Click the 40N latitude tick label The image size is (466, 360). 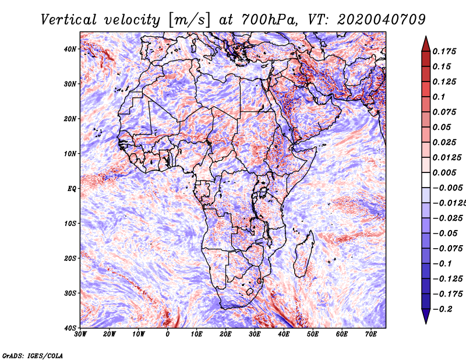point(70,49)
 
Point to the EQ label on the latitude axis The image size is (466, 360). point(72,189)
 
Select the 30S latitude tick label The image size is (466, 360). point(70,293)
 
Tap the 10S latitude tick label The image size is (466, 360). point(70,223)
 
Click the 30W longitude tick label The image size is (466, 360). point(80,334)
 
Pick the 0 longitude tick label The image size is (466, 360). point(168,334)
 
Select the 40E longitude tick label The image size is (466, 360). point(284,334)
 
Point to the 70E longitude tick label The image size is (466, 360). point(371,334)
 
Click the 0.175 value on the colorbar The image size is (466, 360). point(444,51)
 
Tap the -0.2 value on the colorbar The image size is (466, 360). point(443,309)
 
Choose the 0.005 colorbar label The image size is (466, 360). point(444,172)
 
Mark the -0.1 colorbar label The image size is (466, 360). point(442,264)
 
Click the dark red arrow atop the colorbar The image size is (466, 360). point(426,44)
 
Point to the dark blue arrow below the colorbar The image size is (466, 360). point(426,316)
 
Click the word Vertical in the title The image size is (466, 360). point(69,20)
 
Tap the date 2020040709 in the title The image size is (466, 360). point(382,20)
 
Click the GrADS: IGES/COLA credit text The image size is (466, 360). point(33,355)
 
